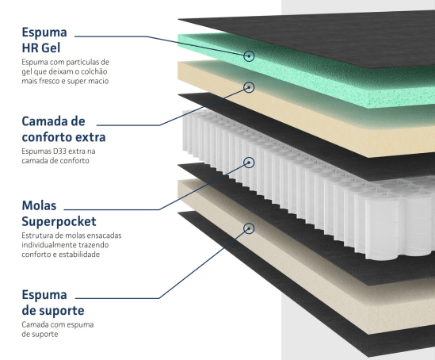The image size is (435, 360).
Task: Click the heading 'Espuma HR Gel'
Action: [44, 40]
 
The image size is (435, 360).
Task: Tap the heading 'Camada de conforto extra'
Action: [64, 129]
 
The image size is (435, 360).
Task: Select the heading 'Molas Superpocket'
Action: [59, 213]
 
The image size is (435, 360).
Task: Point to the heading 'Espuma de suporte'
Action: [53, 303]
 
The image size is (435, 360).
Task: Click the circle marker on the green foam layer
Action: [249, 56]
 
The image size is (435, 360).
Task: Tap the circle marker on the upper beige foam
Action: [249, 87]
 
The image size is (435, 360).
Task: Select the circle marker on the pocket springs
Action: [249, 163]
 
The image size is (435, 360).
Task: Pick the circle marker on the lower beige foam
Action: [249, 228]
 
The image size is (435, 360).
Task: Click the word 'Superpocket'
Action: [59, 221]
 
